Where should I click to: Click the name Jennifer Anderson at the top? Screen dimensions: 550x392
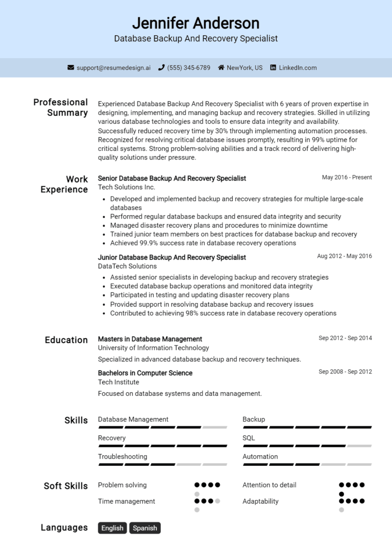pyautogui.click(x=195, y=23)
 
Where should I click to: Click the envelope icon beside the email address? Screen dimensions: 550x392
pyautogui.click(x=71, y=67)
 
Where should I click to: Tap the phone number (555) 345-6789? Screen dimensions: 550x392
pyautogui.click(x=188, y=67)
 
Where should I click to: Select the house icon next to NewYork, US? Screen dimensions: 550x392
pyautogui.click(x=221, y=67)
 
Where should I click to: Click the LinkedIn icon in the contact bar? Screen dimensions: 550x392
pyautogui.click(x=273, y=67)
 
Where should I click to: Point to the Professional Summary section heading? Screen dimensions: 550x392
pyautogui.click(x=61, y=107)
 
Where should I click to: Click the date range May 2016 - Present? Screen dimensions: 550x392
pyautogui.click(x=347, y=178)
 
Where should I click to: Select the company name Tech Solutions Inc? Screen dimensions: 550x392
pyautogui.click(x=126, y=187)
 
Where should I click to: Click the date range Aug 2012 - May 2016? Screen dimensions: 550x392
pyautogui.click(x=344, y=256)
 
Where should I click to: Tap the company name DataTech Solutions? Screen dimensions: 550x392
pyautogui.click(x=127, y=266)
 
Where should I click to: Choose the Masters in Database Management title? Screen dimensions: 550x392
pyautogui.click(x=150, y=339)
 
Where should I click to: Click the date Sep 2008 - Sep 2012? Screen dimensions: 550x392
pyautogui.click(x=345, y=371)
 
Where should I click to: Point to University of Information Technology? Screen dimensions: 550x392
pyautogui.click(x=153, y=347)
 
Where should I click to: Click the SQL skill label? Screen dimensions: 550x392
pyautogui.click(x=249, y=438)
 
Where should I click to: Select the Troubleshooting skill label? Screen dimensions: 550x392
pyautogui.click(x=122, y=456)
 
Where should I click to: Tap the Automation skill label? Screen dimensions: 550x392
pyautogui.click(x=260, y=456)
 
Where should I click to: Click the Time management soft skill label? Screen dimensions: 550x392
pyautogui.click(x=126, y=501)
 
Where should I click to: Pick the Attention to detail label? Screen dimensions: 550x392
pyautogui.click(x=269, y=485)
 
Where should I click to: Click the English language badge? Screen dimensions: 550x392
pyautogui.click(x=112, y=528)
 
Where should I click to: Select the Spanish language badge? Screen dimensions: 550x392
pyautogui.click(x=145, y=528)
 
